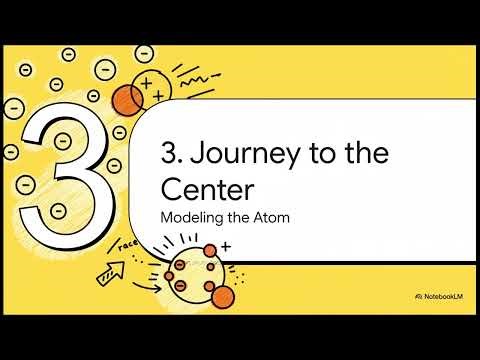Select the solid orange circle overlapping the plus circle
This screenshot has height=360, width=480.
pos(128,100)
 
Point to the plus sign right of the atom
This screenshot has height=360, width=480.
pos(225,246)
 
